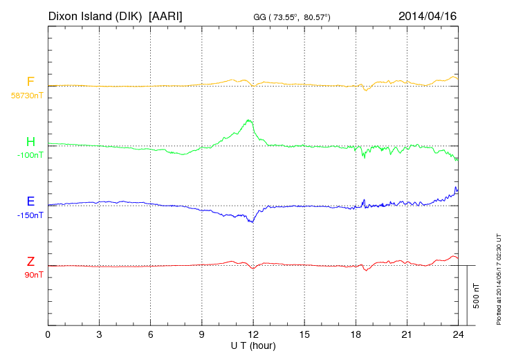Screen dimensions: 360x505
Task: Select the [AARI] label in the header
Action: pos(166,15)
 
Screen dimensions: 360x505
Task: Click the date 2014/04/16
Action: pos(428,15)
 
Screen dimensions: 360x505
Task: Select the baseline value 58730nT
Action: pos(26,95)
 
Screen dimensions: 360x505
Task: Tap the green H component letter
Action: pos(30,143)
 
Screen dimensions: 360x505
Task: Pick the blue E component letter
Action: pos(30,202)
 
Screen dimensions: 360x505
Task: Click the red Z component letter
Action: pos(30,262)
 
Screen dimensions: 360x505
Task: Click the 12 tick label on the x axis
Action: pos(253,335)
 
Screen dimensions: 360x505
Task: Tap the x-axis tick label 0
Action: pos(48,335)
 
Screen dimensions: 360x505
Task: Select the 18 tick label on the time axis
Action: pos(356,335)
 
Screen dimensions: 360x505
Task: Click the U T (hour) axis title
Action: pos(252,345)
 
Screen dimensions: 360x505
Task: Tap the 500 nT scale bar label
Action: pos(476,296)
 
